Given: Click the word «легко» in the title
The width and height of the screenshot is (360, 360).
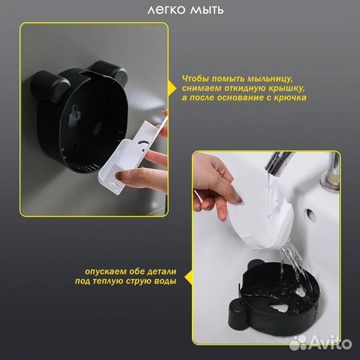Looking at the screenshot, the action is pyautogui.click(x=166, y=10).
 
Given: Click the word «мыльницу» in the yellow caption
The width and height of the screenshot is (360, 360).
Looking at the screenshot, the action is pyautogui.click(x=270, y=79).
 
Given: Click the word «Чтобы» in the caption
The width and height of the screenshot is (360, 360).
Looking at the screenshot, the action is pyautogui.click(x=195, y=79).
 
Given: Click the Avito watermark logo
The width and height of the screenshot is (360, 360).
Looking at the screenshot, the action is pyautogui.click(x=321, y=344).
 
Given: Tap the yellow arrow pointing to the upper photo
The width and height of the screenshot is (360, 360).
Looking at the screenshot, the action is pyautogui.click(x=172, y=88).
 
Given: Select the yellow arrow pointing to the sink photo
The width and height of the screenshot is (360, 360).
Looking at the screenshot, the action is pyautogui.click(x=189, y=277).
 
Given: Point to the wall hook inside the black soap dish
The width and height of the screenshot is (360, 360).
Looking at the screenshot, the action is pyautogui.click(x=74, y=115).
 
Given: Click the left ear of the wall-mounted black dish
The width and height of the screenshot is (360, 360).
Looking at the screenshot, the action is pyautogui.click(x=49, y=86).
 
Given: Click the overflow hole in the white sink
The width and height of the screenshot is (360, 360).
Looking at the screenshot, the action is pyautogui.click(x=310, y=215).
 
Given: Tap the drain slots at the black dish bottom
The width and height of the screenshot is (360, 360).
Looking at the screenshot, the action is pyautogui.click(x=91, y=168).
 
